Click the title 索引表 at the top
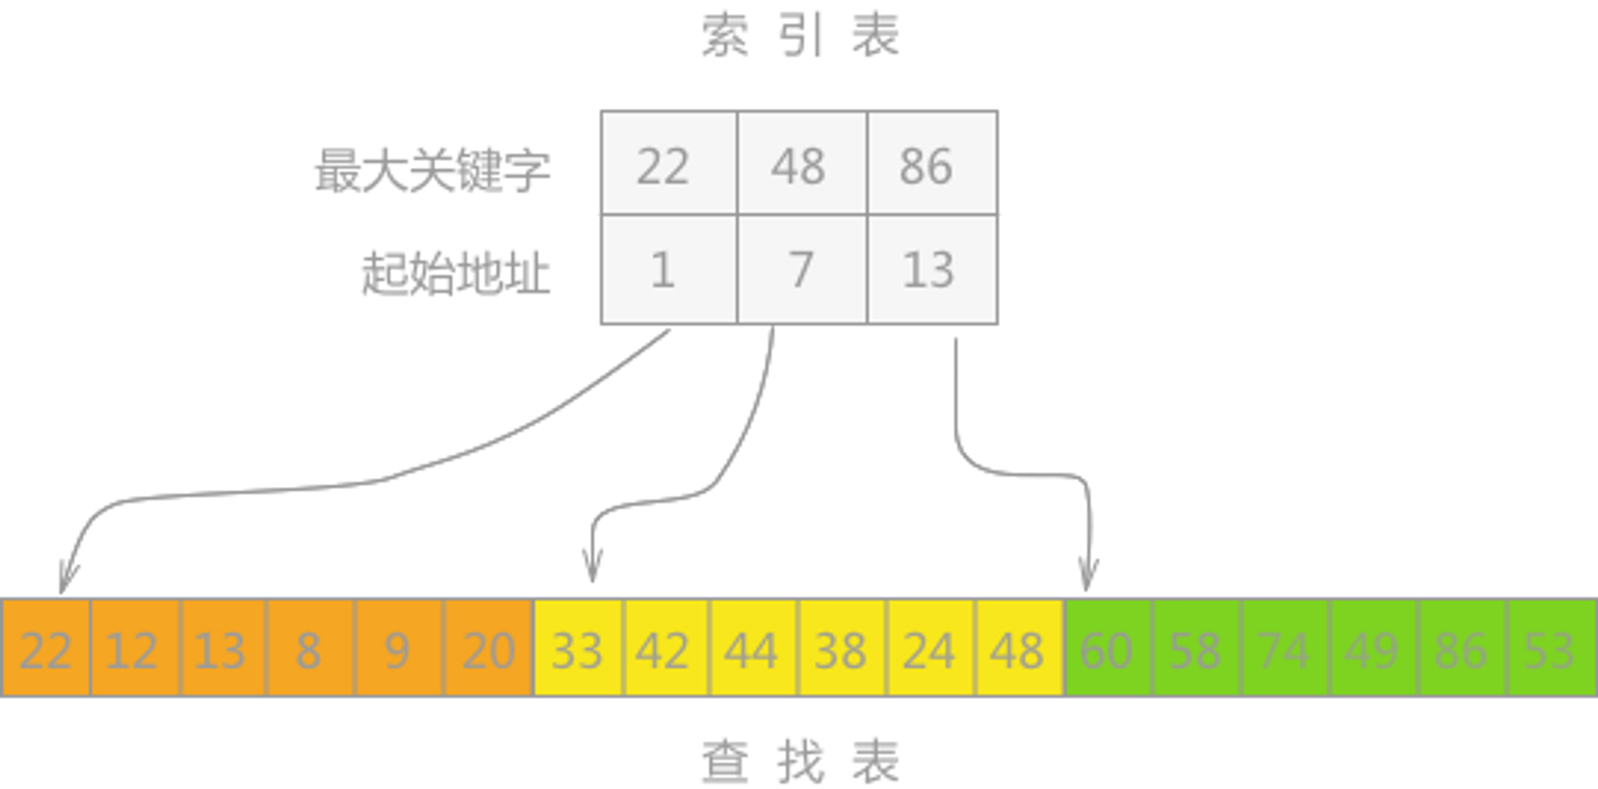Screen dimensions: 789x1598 click(x=800, y=36)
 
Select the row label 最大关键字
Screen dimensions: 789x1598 click(x=432, y=169)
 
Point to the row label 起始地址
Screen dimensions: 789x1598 click(x=456, y=272)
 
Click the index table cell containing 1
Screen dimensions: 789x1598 click(x=668, y=270)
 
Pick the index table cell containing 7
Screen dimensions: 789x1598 click(x=801, y=270)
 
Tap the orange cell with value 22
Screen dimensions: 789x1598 click(x=46, y=648)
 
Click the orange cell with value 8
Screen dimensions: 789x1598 click(x=309, y=648)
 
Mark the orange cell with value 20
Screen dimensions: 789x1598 click(x=488, y=648)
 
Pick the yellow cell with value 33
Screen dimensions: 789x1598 click(x=578, y=648)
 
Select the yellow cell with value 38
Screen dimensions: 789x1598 click(x=841, y=648)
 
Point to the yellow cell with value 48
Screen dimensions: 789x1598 click(x=1018, y=648)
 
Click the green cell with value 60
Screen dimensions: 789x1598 click(x=1107, y=648)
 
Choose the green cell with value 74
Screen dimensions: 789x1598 click(x=1285, y=648)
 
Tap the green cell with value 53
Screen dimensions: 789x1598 click(x=1550, y=648)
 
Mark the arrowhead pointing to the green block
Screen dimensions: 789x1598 click(x=1087, y=574)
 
